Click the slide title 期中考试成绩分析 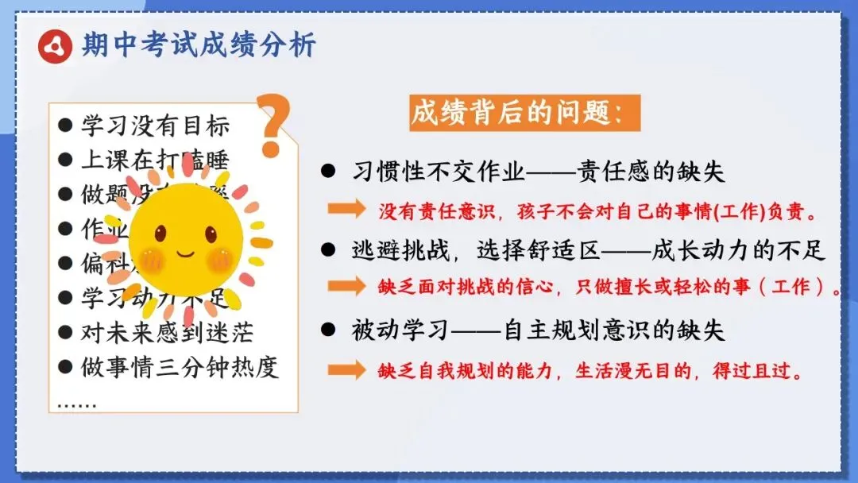point(199,44)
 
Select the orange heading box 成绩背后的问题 point(525,114)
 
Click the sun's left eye point(160,233)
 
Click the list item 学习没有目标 point(155,126)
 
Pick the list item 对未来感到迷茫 point(167,333)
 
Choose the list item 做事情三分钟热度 point(180,368)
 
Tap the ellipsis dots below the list point(77,405)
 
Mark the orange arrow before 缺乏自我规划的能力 point(346,370)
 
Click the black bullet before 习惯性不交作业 point(327,172)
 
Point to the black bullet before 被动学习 point(327,330)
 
